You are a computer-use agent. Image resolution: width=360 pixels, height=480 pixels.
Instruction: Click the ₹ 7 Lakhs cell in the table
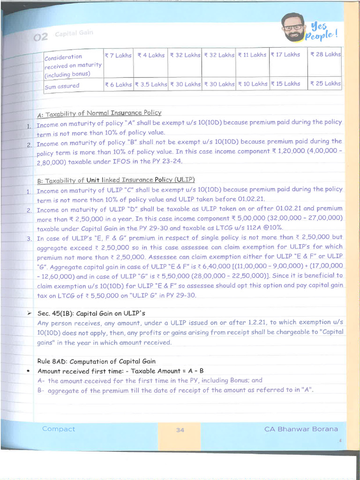[118, 55]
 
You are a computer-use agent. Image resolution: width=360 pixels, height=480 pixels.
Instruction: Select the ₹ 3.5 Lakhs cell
[150, 84]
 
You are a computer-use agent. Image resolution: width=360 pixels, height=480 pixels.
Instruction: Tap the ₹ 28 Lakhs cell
[325, 54]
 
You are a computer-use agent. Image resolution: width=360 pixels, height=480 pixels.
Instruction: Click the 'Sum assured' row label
[62, 86]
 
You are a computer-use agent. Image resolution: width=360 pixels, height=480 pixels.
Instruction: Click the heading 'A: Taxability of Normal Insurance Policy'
[99, 113]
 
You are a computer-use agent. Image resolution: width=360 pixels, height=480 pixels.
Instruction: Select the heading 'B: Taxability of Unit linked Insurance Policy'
[116, 180]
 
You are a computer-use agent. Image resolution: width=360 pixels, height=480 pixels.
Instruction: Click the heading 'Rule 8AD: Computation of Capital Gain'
[96, 361]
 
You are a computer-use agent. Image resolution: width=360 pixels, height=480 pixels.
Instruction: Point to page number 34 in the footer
[180, 430]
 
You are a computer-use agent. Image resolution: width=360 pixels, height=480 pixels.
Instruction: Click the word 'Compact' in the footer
[58, 429]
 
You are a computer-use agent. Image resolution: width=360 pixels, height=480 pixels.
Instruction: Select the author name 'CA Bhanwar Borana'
[300, 429]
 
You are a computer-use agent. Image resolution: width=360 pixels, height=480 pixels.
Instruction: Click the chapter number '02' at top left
[41, 37]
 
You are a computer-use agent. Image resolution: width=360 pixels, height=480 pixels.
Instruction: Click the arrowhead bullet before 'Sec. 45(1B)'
[30, 313]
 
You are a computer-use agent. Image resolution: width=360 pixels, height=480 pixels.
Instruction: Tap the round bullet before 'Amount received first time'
[29, 371]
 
